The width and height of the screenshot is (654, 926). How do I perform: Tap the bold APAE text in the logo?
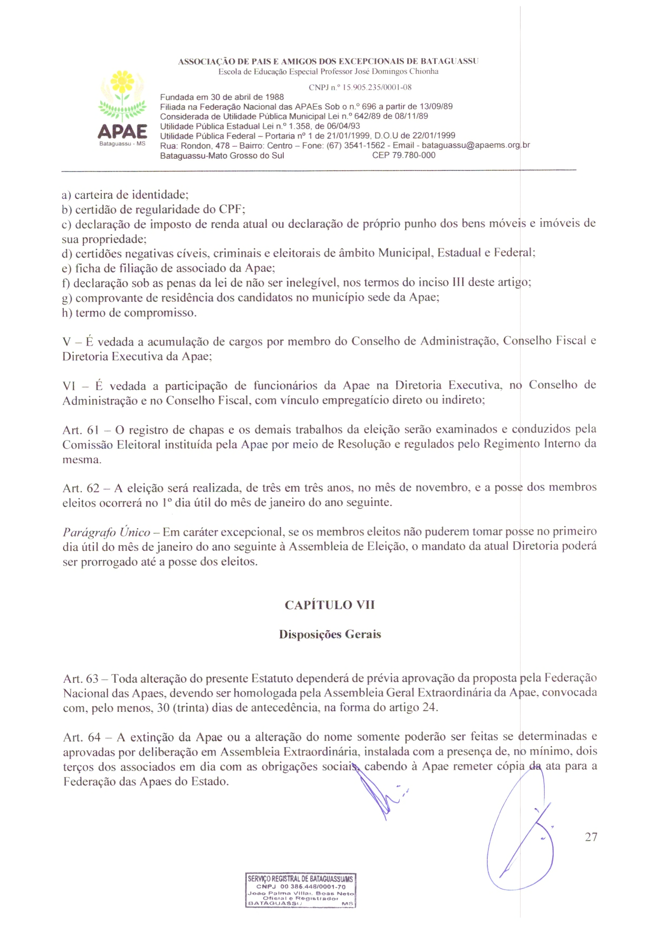(122, 131)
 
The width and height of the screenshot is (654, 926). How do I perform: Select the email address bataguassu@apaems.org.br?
(476, 145)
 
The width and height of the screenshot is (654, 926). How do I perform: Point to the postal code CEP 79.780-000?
(403, 155)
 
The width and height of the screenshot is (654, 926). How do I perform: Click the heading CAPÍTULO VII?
(330, 605)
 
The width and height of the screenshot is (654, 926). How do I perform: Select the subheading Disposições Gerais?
(330, 634)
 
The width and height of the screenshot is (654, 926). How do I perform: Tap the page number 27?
(591, 837)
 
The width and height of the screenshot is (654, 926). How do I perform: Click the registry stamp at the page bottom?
(301, 891)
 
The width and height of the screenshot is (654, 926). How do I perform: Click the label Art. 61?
(80, 430)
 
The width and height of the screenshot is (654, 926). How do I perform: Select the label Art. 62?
(80, 488)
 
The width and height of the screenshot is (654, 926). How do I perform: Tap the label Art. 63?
(81, 679)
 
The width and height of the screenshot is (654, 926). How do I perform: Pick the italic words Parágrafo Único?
(106, 532)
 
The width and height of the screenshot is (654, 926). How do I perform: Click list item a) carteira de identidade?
(125, 195)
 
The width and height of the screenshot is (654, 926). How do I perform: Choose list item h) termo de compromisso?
(129, 313)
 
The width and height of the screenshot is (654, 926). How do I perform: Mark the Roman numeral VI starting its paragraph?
(69, 386)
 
